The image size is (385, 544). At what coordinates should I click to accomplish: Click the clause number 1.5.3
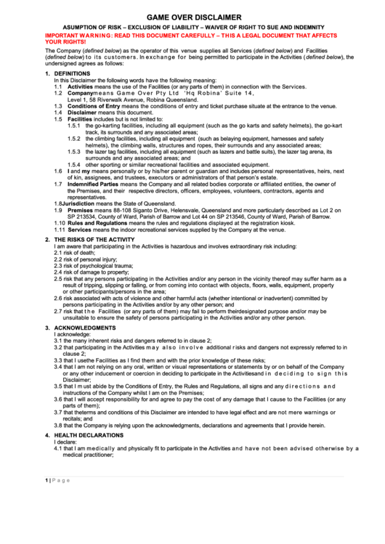(x=74, y=151)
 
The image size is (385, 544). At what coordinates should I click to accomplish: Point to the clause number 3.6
(x=58, y=399)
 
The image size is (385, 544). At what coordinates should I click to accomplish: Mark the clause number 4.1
(x=58, y=448)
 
